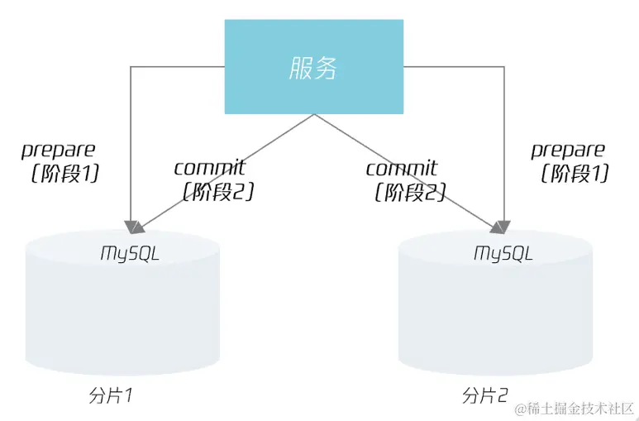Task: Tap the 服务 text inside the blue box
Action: (313, 68)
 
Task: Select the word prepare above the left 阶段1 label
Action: (58, 151)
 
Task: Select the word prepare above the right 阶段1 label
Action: (568, 151)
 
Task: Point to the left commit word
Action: (209, 168)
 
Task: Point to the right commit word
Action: (401, 168)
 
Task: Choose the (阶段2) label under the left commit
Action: (217, 192)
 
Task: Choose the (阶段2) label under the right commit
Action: (409, 192)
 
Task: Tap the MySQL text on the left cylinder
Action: (130, 253)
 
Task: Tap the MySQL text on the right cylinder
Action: (503, 253)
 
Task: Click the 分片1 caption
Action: (110, 395)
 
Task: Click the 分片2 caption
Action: (484, 395)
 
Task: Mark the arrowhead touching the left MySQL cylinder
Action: (132, 225)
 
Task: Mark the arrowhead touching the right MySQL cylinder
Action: (501, 225)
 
